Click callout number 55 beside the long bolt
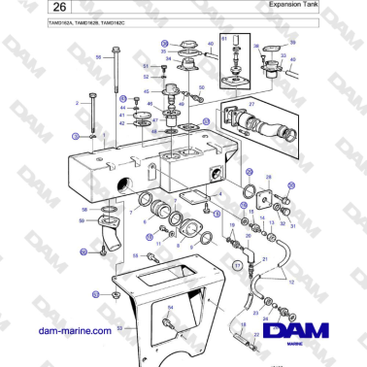tap(98, 57)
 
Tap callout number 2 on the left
tap(76, 100)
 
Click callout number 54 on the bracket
tap(169, 307)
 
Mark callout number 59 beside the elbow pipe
tap(83, 220)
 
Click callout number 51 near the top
tap(145, 64)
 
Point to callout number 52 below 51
tap(145, 75)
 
